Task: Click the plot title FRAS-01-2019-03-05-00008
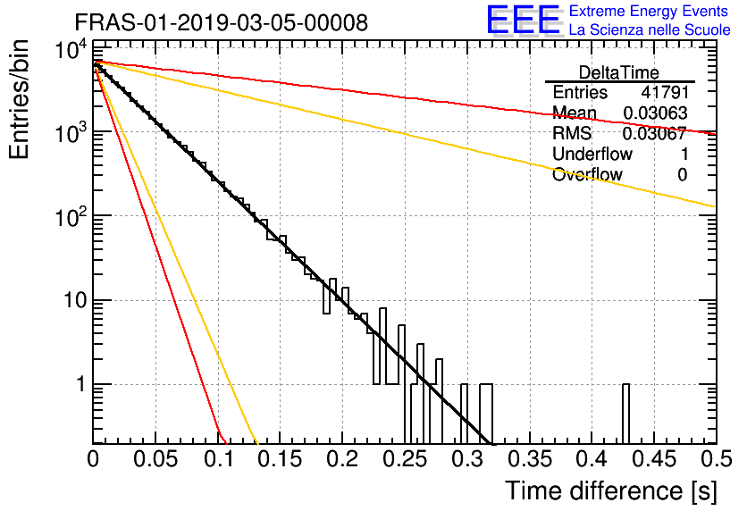click(222, 22)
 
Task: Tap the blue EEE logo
click(524, 20)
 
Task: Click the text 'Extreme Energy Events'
click(649, 11)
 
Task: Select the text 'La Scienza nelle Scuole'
click(650, 29)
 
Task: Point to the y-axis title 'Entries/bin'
click(20, 100)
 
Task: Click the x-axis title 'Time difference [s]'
click(611, 490)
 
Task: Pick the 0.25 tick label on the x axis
click(406, 459)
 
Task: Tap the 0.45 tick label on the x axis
click(655, 459)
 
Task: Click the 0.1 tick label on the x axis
click(219, 459)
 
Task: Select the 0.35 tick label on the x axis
click(530, 459)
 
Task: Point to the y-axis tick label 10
click(75, 300)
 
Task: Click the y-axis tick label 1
click(81, 384)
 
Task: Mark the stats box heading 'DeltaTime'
click(619, 72)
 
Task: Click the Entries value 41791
click(665, 92)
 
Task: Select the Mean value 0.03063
click(655, 113)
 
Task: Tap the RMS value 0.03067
click(654, 133)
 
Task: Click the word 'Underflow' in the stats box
click(592, 154)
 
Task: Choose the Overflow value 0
click(682, 175)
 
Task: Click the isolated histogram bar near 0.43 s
click(625, 414)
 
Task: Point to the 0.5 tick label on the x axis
click(716, 459)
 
